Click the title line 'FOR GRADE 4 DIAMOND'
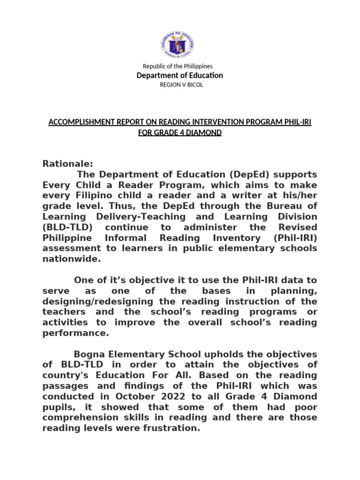[180, 133]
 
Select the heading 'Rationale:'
[68, 164]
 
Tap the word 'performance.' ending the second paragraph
[75, 333]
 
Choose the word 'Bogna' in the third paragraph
[91, 354]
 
